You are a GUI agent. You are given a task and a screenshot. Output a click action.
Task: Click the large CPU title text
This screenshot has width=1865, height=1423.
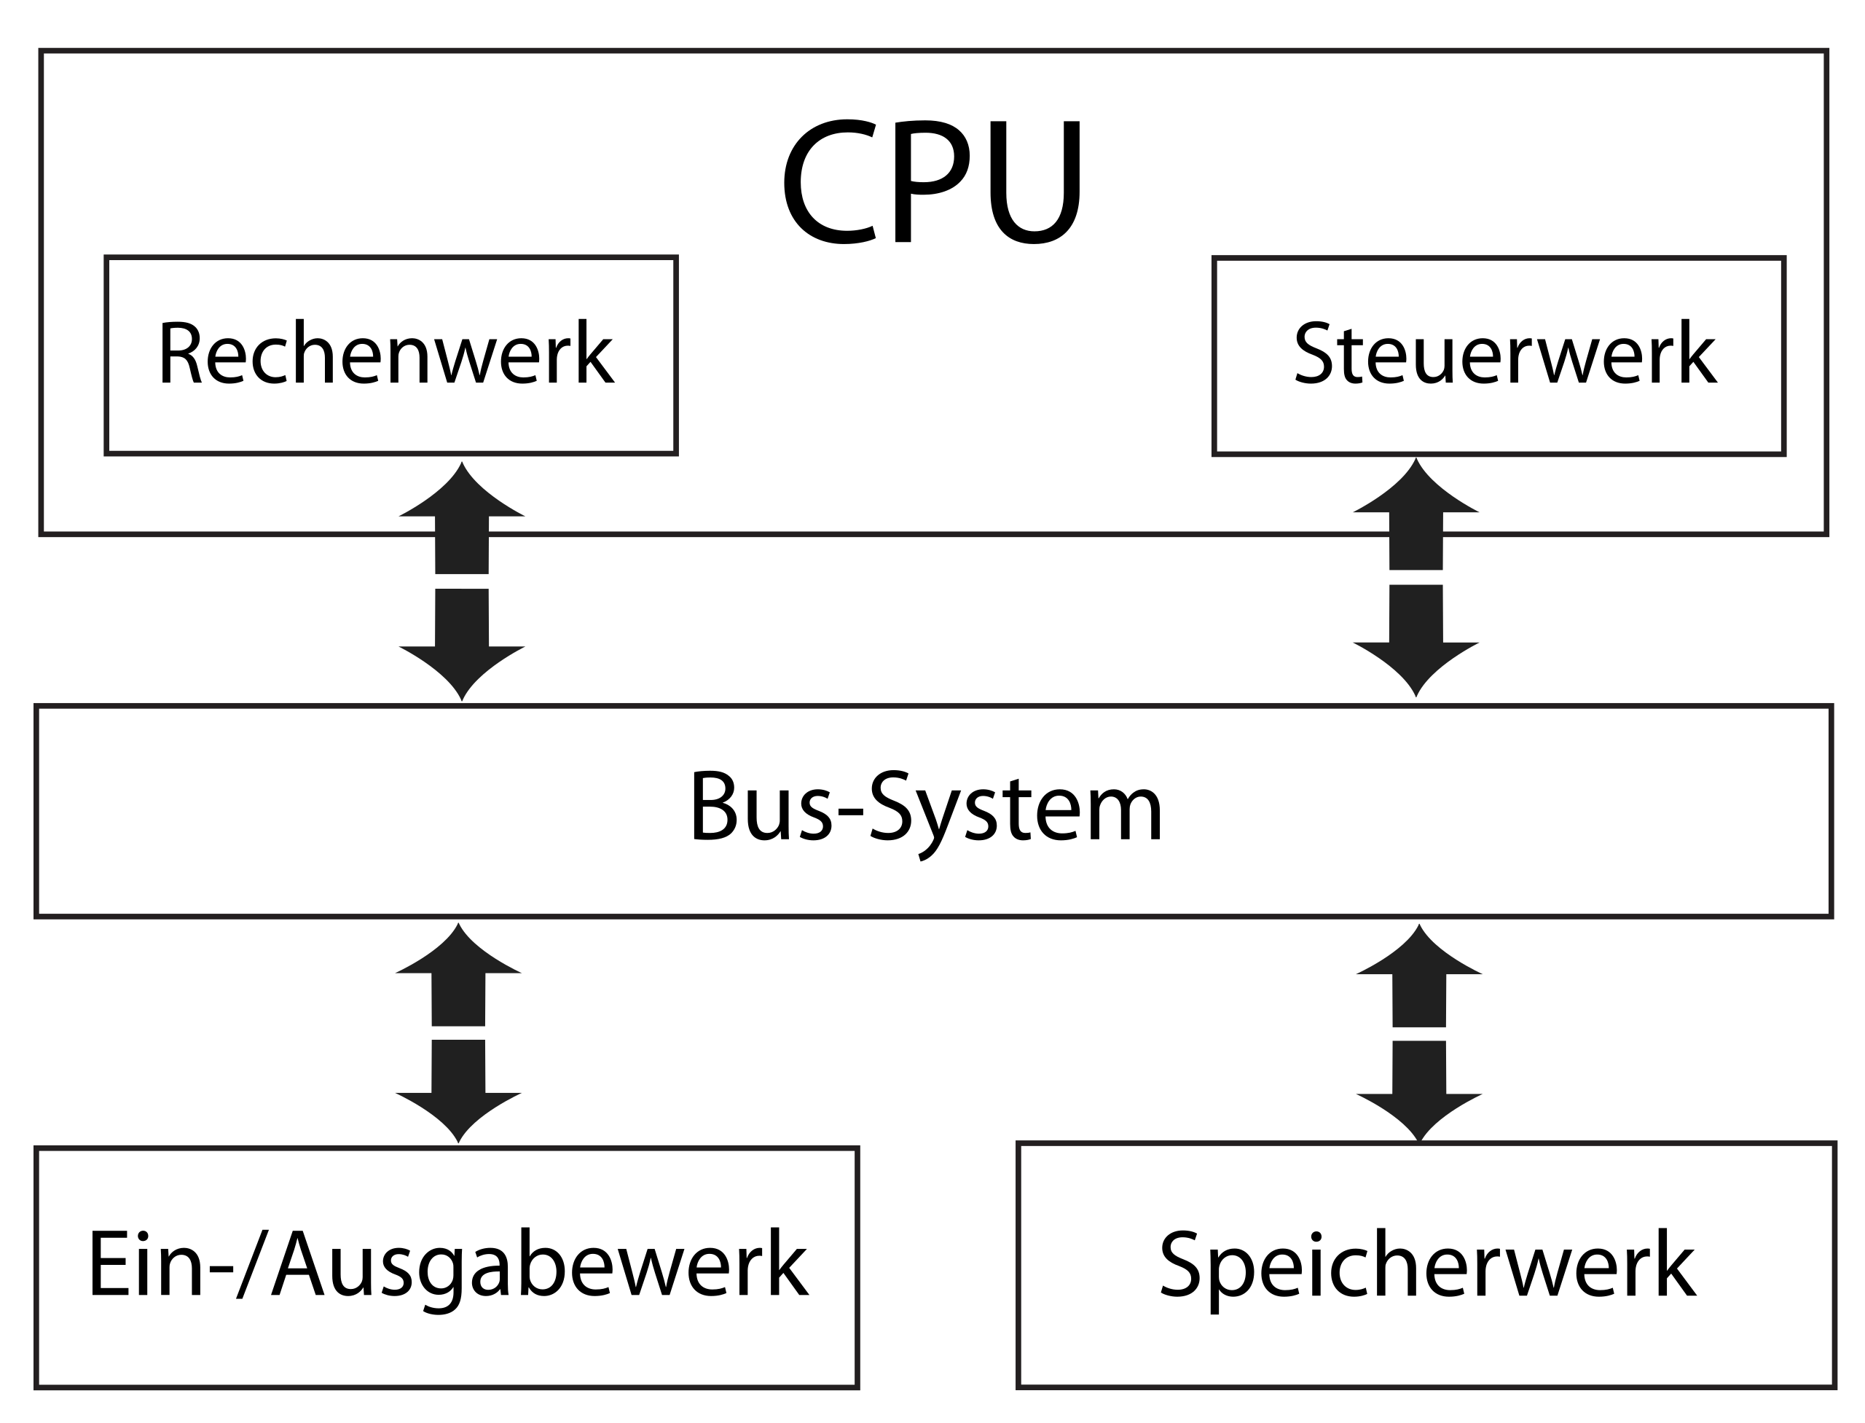[932, 181]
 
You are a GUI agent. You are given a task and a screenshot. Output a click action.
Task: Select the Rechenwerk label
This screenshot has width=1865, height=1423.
[386, 353]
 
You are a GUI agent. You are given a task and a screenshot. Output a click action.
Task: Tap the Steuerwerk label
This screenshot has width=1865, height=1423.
[1504, 353]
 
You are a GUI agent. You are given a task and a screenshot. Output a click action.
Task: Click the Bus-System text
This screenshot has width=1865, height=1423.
[927, 808]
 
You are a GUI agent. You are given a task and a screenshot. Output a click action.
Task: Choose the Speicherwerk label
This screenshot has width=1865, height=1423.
[1428, 1266]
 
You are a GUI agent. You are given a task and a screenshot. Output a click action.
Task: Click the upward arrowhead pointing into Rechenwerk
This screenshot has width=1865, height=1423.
[462, 495]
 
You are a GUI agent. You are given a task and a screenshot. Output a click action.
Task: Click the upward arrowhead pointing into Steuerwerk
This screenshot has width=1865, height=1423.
[1416, 491]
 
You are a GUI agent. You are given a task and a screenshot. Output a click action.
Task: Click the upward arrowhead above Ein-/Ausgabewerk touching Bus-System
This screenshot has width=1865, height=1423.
[458, 954]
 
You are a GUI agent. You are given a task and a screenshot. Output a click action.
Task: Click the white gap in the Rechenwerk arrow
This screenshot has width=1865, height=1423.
[462, 581]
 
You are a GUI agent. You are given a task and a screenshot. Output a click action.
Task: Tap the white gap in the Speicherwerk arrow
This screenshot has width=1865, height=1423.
[1419, 1034]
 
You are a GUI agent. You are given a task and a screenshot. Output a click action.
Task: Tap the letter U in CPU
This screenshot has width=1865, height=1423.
[1035, 183]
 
